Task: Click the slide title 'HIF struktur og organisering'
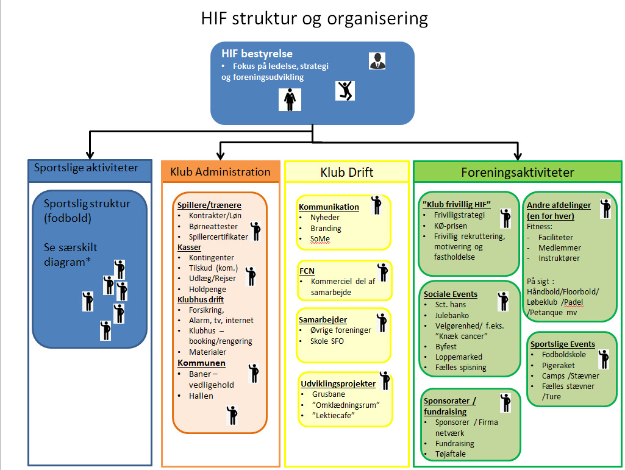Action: [314, 18]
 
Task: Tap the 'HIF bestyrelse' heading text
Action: [257, 54]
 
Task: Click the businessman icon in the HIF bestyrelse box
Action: [377, 61]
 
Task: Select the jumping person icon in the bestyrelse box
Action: [345, 91]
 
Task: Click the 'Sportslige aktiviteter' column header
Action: [86, 168]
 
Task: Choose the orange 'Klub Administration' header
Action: [220, 171]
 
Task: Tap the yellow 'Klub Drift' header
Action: [347, 172]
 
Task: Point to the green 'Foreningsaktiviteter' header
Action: [518, 172]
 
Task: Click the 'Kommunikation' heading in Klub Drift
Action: [329, 207]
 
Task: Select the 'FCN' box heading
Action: [307, 271]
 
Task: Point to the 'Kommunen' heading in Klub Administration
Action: [201, 363]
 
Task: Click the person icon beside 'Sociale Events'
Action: [503, 301]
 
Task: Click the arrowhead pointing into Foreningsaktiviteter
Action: [518, 155]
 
